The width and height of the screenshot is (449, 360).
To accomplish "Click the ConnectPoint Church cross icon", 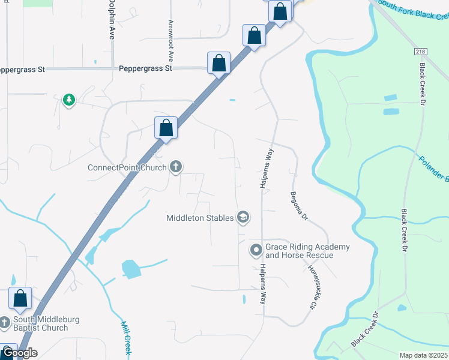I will [176, 167].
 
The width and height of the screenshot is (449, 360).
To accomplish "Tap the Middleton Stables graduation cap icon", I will [243, 217].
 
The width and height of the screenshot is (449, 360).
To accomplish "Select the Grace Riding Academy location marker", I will [256, 249].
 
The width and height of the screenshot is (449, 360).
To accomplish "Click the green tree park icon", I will [69, 100].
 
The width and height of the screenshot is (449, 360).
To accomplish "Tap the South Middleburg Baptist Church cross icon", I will [5, 323].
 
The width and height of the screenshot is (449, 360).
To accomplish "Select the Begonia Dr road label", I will [299, 206].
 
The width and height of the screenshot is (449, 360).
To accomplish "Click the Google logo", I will [19, 353].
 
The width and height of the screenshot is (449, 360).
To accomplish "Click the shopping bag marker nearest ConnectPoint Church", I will [166, 128].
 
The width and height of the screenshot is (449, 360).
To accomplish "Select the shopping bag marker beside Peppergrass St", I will [219, 63].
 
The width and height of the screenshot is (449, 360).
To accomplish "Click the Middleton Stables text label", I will [200, 218].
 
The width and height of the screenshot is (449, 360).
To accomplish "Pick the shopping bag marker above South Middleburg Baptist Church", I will [20, 298].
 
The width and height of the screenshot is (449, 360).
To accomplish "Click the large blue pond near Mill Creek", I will [131, 269].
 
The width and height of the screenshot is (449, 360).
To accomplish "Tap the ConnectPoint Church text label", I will [127, 167].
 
